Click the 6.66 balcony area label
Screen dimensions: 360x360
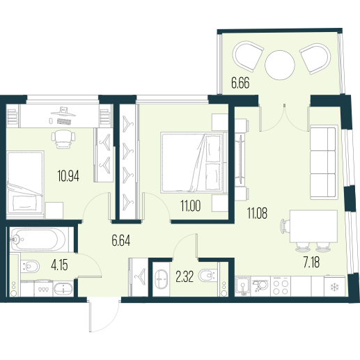point(240,83)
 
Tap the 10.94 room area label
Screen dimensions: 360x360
point(68,176)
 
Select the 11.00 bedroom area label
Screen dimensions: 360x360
point(191,206)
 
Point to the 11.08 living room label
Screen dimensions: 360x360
point(257,213)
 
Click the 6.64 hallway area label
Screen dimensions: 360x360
point(120,240)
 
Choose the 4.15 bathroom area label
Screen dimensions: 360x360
point(59,265)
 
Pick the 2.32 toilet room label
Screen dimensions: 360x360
point(185,277)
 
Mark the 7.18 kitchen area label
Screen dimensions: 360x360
point(311,263)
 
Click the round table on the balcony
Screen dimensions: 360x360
point(280,65)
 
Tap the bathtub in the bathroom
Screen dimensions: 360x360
point(38,240)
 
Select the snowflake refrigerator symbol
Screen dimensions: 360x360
point(335,288)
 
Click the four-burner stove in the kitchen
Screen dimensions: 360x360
point(281,286)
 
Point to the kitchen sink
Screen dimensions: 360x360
point(243,286)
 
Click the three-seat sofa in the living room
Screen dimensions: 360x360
point(324,162)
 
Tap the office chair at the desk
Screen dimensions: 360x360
point(63,139)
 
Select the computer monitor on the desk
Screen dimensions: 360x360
point(63,111)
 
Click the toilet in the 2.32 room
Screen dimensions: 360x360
point(208,275)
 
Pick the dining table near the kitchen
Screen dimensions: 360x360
point(313,226)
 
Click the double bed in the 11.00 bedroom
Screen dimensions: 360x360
point(194,162)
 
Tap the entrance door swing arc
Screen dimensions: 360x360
point(111,323)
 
